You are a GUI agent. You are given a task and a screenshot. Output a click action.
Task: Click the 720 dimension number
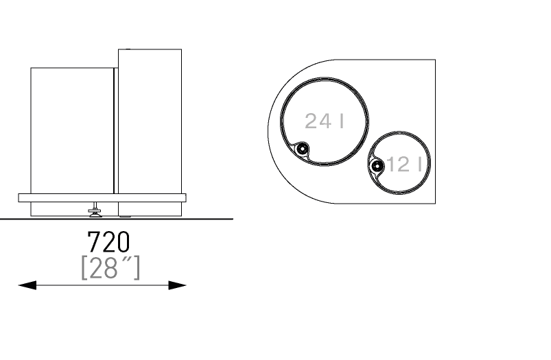[108, 242]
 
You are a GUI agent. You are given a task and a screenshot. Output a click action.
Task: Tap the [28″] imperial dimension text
[110, 267]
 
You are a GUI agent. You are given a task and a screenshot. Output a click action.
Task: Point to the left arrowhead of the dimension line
[27, 285]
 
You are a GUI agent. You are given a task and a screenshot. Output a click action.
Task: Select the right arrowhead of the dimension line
[178, 285]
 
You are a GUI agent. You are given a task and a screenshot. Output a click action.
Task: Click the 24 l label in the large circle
[324, 121]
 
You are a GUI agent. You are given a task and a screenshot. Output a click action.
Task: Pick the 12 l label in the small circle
[404, 165]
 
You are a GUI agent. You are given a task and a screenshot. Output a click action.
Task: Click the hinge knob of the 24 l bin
[301, 149]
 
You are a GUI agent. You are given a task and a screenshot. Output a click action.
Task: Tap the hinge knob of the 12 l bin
[377, 166]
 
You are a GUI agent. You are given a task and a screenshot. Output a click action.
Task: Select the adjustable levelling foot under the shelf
[95, 210]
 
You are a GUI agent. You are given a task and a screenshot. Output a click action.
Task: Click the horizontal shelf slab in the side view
[102, 197]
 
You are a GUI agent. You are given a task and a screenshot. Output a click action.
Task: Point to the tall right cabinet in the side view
[150, 132]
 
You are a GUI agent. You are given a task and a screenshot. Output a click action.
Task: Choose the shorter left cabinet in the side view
[72, 130]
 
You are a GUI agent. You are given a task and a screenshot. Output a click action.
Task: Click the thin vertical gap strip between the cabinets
[116, 130]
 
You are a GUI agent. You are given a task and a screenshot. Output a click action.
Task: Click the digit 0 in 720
[123, 242]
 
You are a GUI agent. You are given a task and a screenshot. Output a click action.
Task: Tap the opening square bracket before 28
[84, 267]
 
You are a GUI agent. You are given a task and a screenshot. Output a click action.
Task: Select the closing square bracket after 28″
[137, 267]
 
